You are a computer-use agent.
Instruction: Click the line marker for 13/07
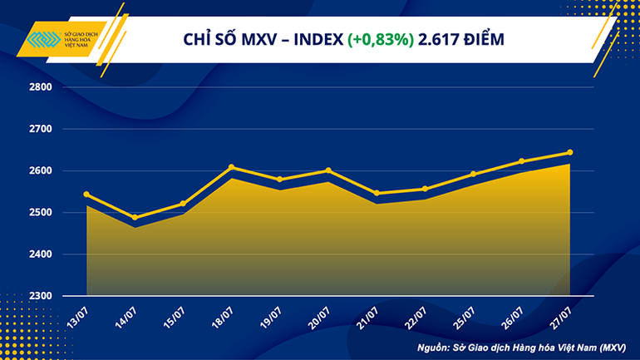[x=86, y=195]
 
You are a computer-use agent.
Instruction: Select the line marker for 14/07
[x=135, y=218]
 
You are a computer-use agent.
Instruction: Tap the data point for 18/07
[x=231, y=167]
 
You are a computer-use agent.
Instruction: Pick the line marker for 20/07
[x=328, y=170]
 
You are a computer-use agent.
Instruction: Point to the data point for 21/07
[x=377, y=193]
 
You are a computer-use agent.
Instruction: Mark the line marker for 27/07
[x=569, y=152]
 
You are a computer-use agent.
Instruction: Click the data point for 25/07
[x=473, y=174]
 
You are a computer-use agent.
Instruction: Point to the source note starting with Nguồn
[x=529, y=345]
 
